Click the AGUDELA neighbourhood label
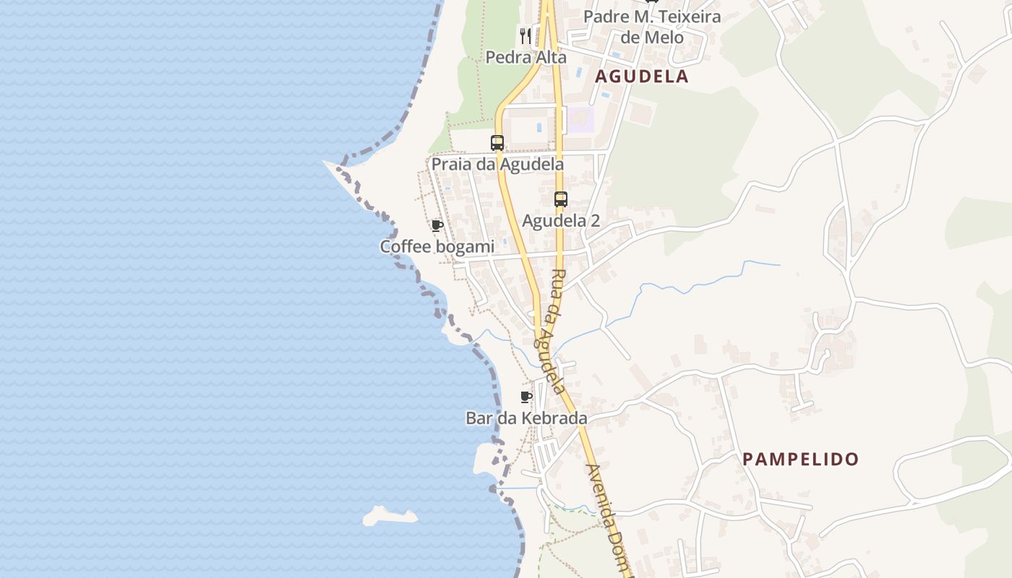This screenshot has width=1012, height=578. click(641, 77)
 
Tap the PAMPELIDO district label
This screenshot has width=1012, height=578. click(801, 459)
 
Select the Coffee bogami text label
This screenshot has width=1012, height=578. click(437, 247)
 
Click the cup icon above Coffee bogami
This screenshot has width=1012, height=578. click(437, 225)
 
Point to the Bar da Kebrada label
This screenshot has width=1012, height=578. click(526, 418)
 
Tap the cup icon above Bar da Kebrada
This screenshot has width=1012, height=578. click(526, 397)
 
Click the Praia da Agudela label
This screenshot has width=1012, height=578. click(497, 164)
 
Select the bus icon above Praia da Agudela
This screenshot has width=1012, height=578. click(497, 142)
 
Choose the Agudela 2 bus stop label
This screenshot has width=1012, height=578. click(561, 221)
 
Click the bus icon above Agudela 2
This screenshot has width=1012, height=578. click(561, 199)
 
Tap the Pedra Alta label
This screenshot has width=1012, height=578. click(526, 57)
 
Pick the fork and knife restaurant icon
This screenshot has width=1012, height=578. click(526, 35)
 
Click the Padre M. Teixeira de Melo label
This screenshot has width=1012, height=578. click(652, 26)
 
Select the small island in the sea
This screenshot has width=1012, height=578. click(390, 516)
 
